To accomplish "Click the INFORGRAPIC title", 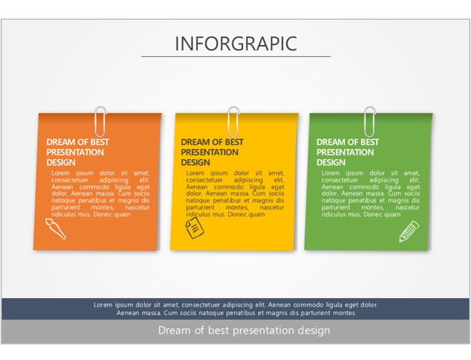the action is [x=236, y=44].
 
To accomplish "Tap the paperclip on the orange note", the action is [x=101, y=122].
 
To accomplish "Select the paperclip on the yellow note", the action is [x=233, y=122].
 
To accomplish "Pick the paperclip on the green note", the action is [x=370, y=122].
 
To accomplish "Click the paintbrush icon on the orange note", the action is [x=56, y=229].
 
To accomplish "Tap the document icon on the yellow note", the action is [x=194, y=228].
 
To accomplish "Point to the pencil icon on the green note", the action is [x=409, y=232].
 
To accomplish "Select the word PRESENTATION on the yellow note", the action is [x=209, y=152].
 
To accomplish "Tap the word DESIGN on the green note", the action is [x=331, y=162].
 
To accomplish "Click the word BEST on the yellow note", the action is [x=234, y=142].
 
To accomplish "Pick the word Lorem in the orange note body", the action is [x=61, y=173].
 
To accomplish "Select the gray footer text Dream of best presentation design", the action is [x=244, y=330].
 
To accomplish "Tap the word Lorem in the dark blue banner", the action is [x=103, y=305].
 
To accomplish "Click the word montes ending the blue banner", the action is [x=345, y=313].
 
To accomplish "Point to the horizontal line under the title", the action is [x=236, y=56].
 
